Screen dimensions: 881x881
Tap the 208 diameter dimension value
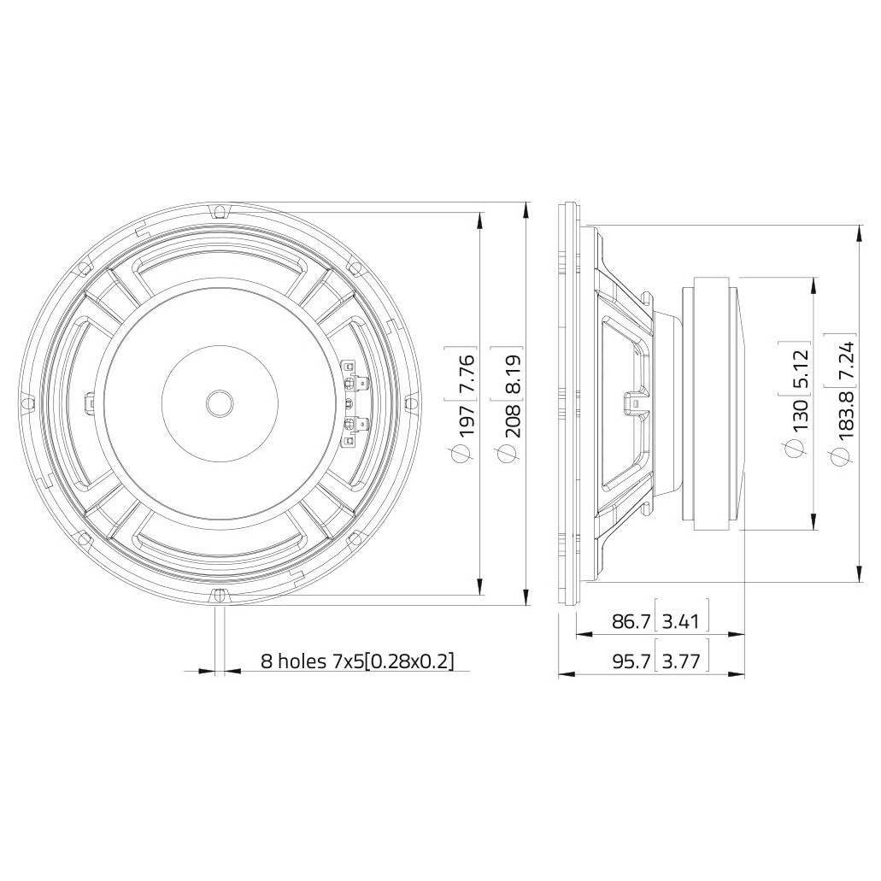tap(513, 418)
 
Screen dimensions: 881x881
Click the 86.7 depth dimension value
tap(631, 621)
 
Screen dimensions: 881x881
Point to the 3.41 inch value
tap(681, 621)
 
